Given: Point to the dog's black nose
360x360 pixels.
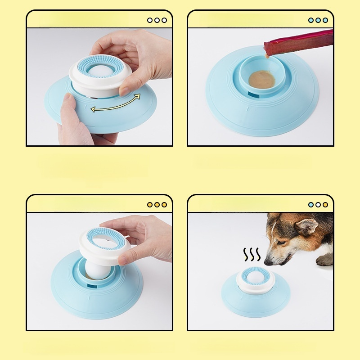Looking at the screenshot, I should click(268, 261).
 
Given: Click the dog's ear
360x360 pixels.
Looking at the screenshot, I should click(307, 228).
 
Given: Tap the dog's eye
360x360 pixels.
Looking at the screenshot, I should click(281, 242).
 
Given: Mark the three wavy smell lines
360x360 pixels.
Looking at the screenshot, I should click(252, 255).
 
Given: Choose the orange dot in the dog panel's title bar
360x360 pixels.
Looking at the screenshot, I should click(325, 205).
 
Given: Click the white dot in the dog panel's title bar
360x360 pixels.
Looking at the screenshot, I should click(318, 205).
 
